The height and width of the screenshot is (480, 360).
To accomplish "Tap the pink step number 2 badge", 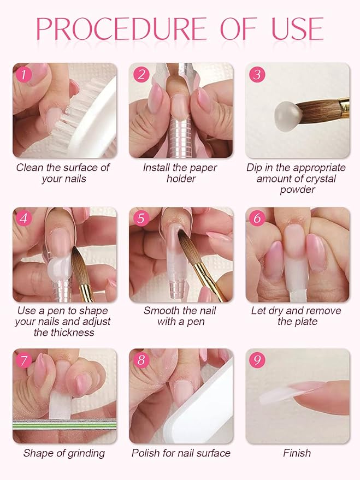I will coord(141,74).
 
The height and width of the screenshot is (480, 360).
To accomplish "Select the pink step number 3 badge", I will coord(257,74).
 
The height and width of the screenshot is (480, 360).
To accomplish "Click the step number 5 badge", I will coord(141,218).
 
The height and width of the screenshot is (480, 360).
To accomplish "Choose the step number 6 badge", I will coord(257,218).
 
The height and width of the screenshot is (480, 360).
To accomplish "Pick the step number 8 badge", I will coord(141,360).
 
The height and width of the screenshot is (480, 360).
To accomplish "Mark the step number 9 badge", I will coord(257,360).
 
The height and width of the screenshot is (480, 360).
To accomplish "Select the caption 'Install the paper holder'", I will coord(180,173).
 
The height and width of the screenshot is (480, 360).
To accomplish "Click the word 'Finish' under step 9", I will coord(297,453).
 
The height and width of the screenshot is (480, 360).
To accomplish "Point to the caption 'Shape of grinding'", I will coord(64,453).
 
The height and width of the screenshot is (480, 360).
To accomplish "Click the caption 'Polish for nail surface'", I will coord(181,453).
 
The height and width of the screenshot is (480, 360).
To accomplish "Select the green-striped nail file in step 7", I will coord(64,424).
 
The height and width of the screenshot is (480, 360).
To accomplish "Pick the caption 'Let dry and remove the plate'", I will coord(296,316).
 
